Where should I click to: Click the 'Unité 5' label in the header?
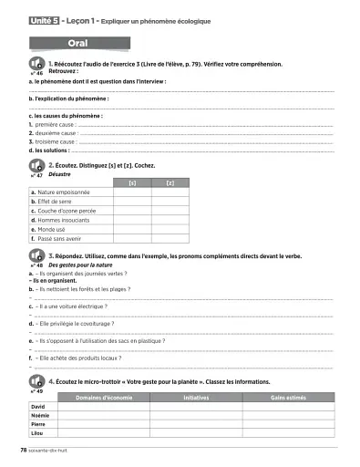44,19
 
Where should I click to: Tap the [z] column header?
170,183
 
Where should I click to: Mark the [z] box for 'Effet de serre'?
170,202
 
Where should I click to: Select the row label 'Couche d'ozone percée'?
63,211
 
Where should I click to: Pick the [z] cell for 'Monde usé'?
170,229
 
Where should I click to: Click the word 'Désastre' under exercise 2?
60,172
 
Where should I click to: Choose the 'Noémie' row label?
39,415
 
